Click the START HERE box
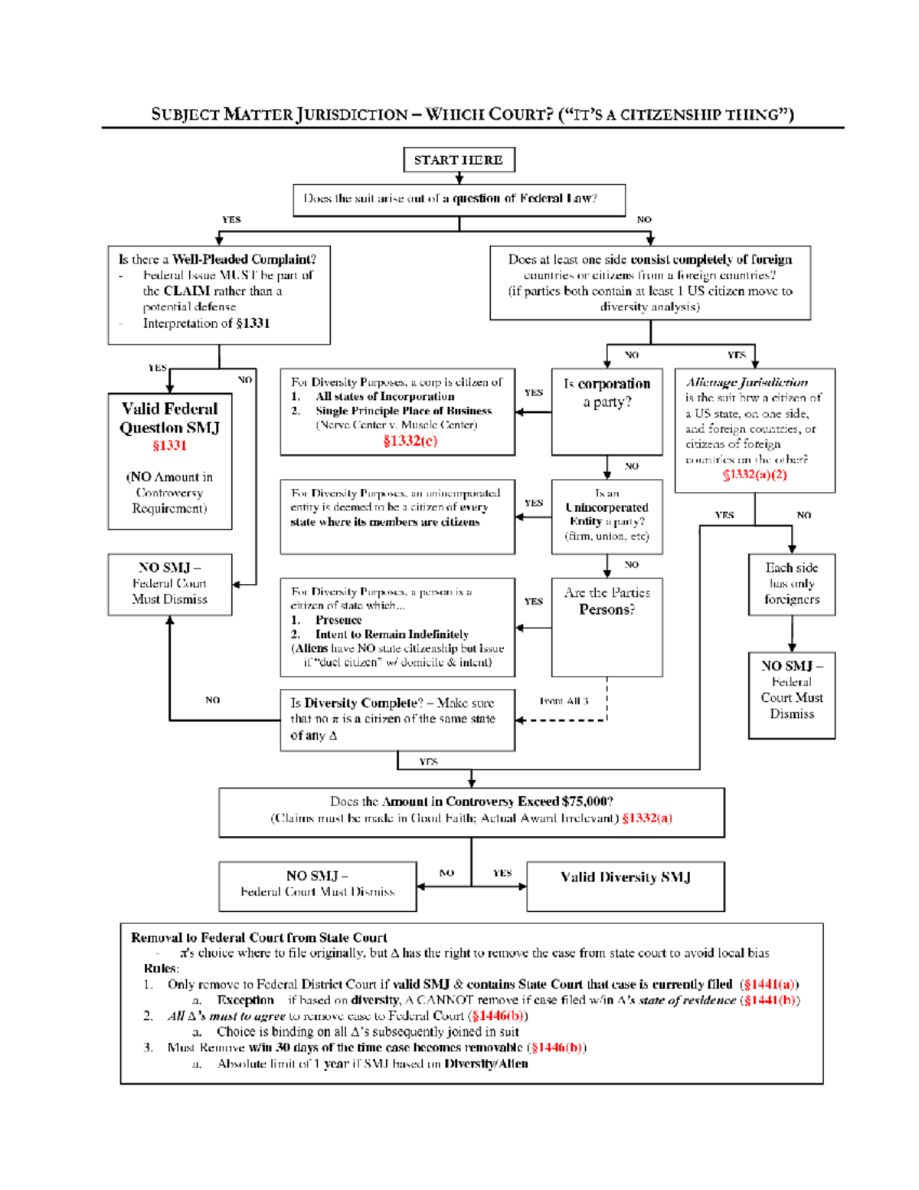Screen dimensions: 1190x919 pyautogui.click(x=459, y=160)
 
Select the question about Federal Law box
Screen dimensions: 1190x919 pyautogui.click(x=459, y=199)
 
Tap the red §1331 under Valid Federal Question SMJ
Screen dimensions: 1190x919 pyautogui.click(x=169, y=445)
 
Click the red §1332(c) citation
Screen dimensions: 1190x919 pyautogui.click(x=410, y=441)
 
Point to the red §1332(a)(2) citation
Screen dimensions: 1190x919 pyautogui.click(x=754, y=474)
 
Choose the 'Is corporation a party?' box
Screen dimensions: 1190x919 pyautogui.click(x=607, y=411)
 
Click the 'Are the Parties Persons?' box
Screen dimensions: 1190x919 pyautogui.click(x=607, y=627)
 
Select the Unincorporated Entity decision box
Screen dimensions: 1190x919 pyautogui.click(x=607, y=516)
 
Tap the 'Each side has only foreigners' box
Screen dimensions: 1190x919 pyautogui.click(x=791, y=584)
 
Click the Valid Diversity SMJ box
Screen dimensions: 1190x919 pyautogui.click(x=625, y=886)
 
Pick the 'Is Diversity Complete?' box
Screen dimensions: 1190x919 pyautogui.click(x=397, y=719)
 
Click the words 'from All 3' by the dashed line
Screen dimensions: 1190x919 pyautogui.click(x=564, y=700)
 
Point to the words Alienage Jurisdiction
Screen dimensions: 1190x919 pyautogui.click(x=747, y=382)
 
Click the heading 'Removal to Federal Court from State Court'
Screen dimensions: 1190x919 pyautogui.click(x=259, y=937)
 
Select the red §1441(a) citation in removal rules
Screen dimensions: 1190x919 pyautogui.click(x=769, y=984)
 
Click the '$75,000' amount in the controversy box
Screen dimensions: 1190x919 pyautogui.click(x=587, y=802)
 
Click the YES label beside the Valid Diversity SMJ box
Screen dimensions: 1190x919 pyautogui.click(x=502, y=873)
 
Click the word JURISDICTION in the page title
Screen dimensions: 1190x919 pyautogui.click(x=352, y=115)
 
